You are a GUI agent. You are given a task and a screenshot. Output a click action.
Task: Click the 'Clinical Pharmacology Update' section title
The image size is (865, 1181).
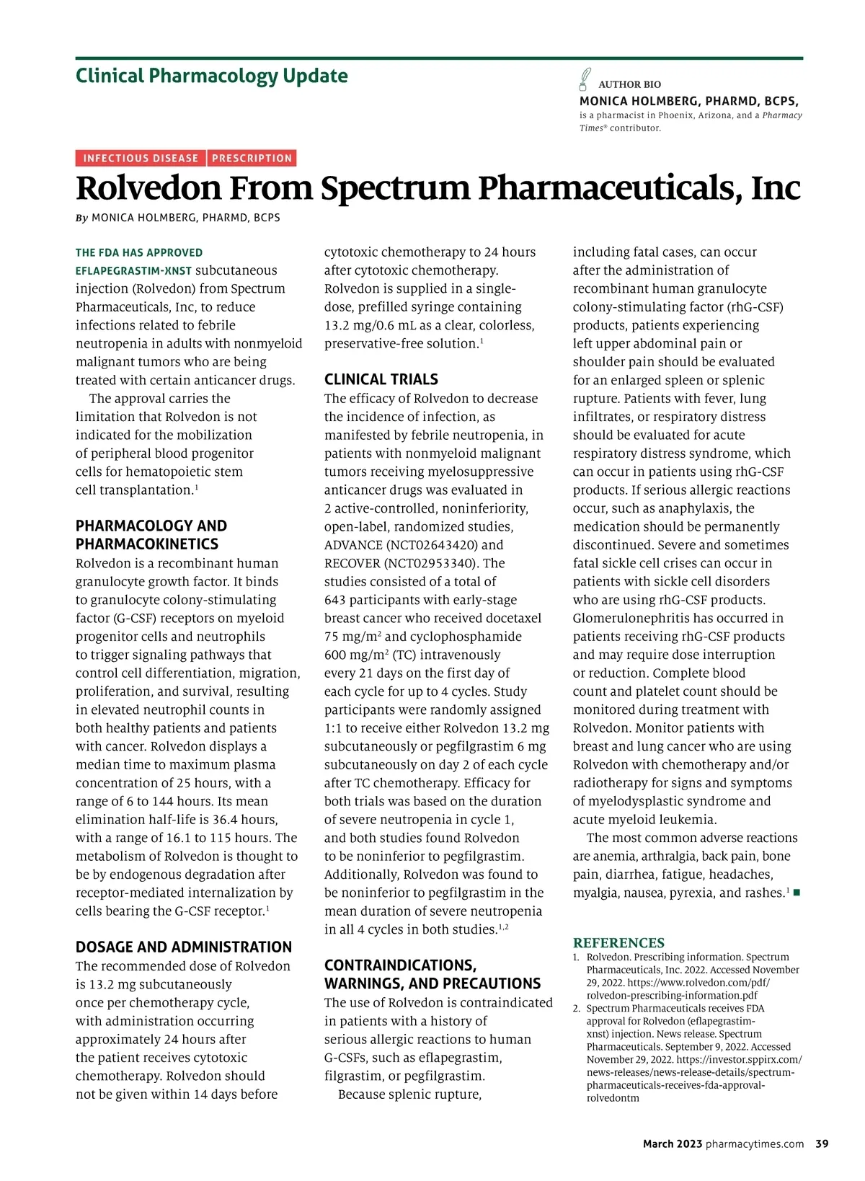pos(211,76)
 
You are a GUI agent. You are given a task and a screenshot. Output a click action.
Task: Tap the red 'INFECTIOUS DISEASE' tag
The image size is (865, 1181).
pos(141,159)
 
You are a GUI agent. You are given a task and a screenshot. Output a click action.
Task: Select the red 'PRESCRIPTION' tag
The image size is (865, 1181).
pos(252,159)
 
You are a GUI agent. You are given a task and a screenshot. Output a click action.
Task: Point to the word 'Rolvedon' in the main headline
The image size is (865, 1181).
pos(148,188)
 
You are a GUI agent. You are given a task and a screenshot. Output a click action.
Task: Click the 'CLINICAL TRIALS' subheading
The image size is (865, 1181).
pos(381,379)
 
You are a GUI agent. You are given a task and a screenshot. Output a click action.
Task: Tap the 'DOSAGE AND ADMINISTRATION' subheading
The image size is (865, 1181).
pos(184,947)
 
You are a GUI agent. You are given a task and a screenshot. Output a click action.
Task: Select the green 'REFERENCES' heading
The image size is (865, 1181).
pos(618,942)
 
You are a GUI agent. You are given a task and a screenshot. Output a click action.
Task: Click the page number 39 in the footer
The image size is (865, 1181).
pos(822,1144)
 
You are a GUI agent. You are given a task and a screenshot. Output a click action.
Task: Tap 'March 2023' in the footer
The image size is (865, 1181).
pos(672,1144)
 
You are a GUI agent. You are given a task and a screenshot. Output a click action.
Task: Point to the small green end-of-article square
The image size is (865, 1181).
pos(797,893)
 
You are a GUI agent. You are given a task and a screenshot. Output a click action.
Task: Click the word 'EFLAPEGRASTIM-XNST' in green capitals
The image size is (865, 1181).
pos(134,271)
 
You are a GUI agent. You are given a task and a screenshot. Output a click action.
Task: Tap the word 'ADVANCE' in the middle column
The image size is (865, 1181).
pos(352,545)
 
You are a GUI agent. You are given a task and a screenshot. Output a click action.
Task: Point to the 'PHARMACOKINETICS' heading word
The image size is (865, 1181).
pos(147,544)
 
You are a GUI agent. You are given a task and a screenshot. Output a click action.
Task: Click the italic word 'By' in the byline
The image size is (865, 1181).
pos(81,218)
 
